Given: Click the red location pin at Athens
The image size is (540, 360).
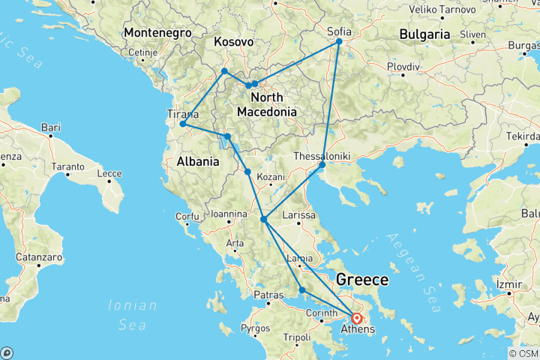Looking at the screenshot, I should tap(356, 318).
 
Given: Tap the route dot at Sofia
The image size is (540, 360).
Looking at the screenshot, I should tap(339, 41).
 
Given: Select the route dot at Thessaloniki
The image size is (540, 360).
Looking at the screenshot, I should tap(322, 164).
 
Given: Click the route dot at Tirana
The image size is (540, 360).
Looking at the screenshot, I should tap(182, 124).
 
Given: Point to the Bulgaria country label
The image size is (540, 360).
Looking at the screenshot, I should tap(424, 34).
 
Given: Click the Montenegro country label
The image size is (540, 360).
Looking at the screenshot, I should tap(157, 33).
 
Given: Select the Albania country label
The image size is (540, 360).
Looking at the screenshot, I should tap(197, 160).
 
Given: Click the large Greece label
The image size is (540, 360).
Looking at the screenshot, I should tap(362, 280).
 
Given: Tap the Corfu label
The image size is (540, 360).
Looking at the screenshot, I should tap(185, 217).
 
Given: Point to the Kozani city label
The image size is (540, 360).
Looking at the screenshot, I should tap(271, 178).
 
